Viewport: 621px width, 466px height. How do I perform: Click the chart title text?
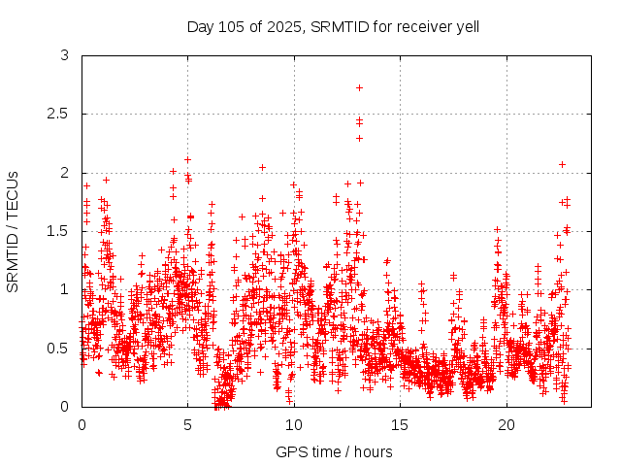coord(333,26)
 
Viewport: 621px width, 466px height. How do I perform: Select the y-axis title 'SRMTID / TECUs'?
coord(13,232)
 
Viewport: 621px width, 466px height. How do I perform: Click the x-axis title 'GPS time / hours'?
coord(334,451)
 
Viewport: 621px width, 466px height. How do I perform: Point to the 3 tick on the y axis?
coord(64,56)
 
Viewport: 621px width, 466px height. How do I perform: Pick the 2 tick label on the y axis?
coord(64,173)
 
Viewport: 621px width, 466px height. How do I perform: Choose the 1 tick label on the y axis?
coord(64,289)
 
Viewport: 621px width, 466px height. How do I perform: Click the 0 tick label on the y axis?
coord(64,406)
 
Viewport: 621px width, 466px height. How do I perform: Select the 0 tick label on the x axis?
coord(82,424)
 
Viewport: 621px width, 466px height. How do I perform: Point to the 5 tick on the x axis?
coord(188,424)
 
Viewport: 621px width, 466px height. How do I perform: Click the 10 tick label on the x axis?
coord(294,424)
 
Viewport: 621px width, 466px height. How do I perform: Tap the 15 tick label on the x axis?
coord(400,424)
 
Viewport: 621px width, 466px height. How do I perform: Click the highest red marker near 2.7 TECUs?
coord(359,87)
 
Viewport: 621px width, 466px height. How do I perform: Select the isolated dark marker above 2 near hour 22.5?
coord(562,164)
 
